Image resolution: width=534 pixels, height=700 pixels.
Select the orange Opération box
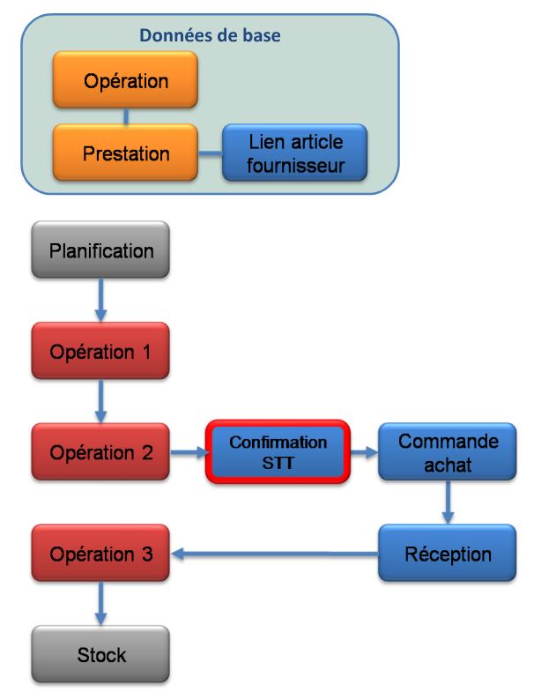point(125,80)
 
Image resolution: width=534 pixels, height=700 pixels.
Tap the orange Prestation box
point(125,153)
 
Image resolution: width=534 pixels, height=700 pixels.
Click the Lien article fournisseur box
point(295,153)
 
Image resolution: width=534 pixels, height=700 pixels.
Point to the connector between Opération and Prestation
point(126,116)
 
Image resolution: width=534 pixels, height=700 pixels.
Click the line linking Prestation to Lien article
point(210,153)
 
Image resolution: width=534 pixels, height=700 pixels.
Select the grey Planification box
point(101,250)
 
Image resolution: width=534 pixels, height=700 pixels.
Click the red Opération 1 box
point(101,351)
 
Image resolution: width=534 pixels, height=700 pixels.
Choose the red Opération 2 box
point(101,452)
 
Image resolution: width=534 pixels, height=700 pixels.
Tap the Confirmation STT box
point(278,452)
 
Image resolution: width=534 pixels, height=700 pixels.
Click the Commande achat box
point(448,452)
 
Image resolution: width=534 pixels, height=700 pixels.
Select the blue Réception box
point(448,554)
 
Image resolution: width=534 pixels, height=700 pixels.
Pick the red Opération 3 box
point(101,554)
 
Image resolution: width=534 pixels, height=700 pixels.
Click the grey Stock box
point(101,654)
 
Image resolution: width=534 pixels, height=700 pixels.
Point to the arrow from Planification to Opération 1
point(102,301)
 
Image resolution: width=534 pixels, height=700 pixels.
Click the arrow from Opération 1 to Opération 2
point(102,402)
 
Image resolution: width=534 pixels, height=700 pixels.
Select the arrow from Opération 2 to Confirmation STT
point(187,453)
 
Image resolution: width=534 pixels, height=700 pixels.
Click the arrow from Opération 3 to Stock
point(102,604)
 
